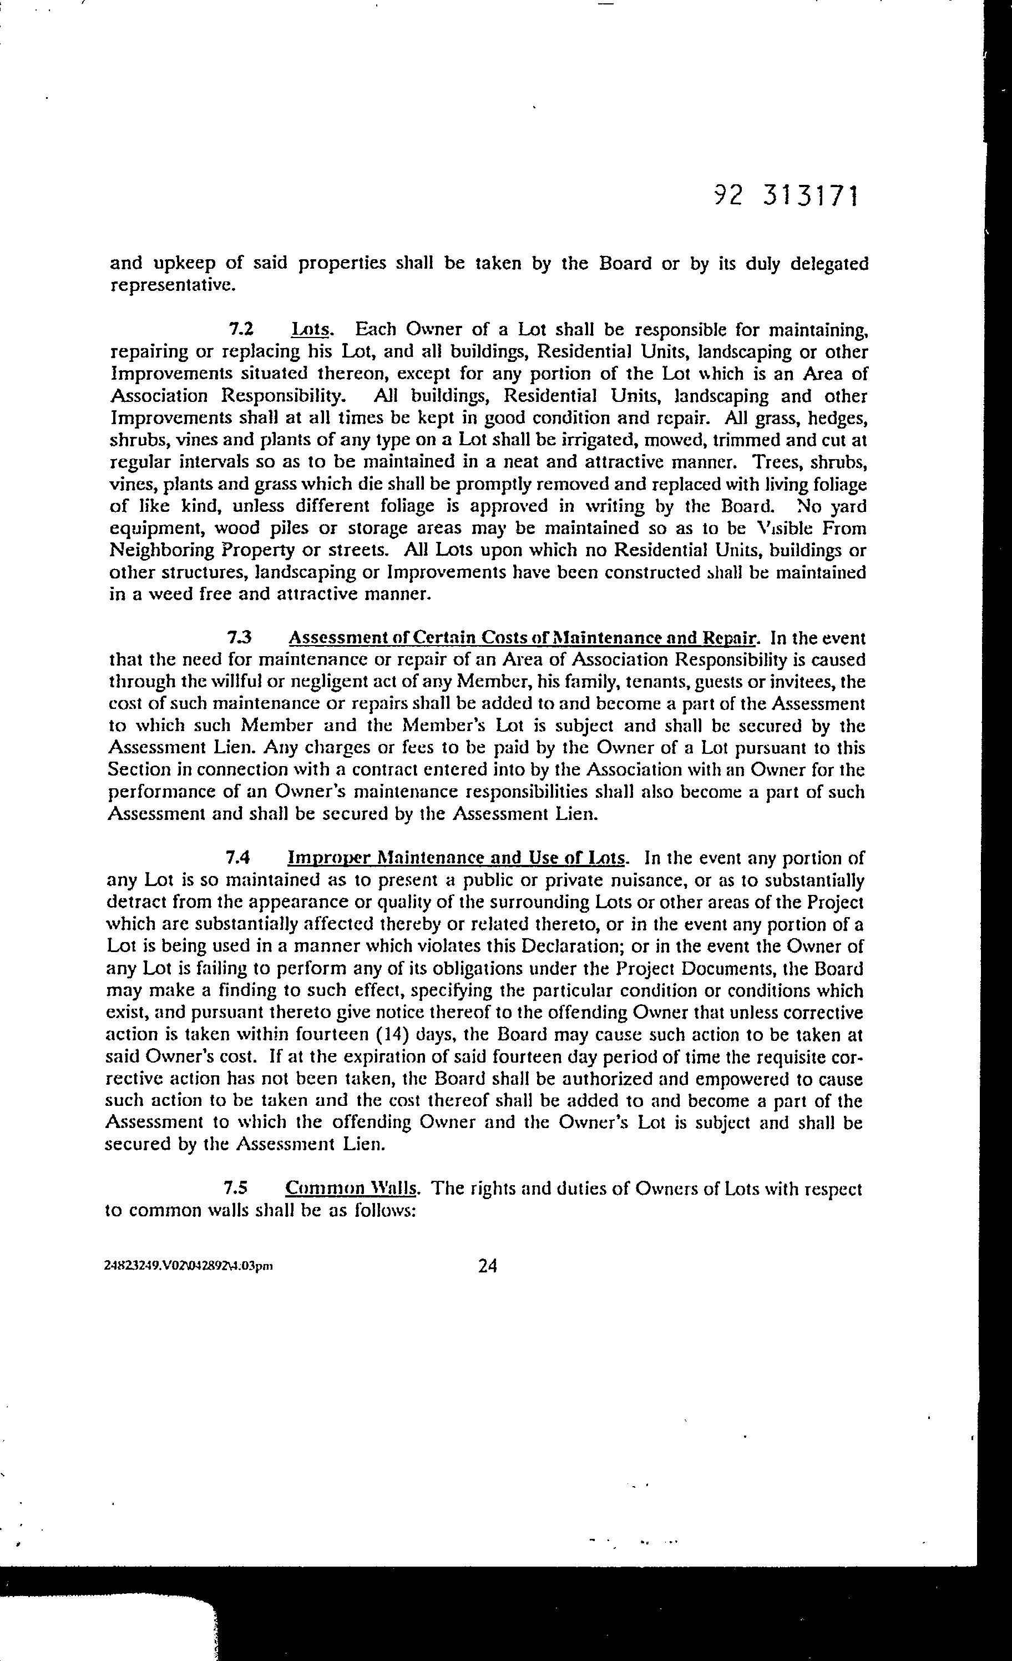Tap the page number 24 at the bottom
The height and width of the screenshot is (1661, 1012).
487,1266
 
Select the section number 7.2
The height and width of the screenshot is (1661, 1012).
241,330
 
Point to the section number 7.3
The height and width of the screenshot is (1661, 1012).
240,638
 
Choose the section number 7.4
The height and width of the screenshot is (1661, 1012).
239,858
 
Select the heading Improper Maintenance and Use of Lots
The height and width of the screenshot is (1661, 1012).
457,858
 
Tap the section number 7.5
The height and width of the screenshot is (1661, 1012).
239,1188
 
